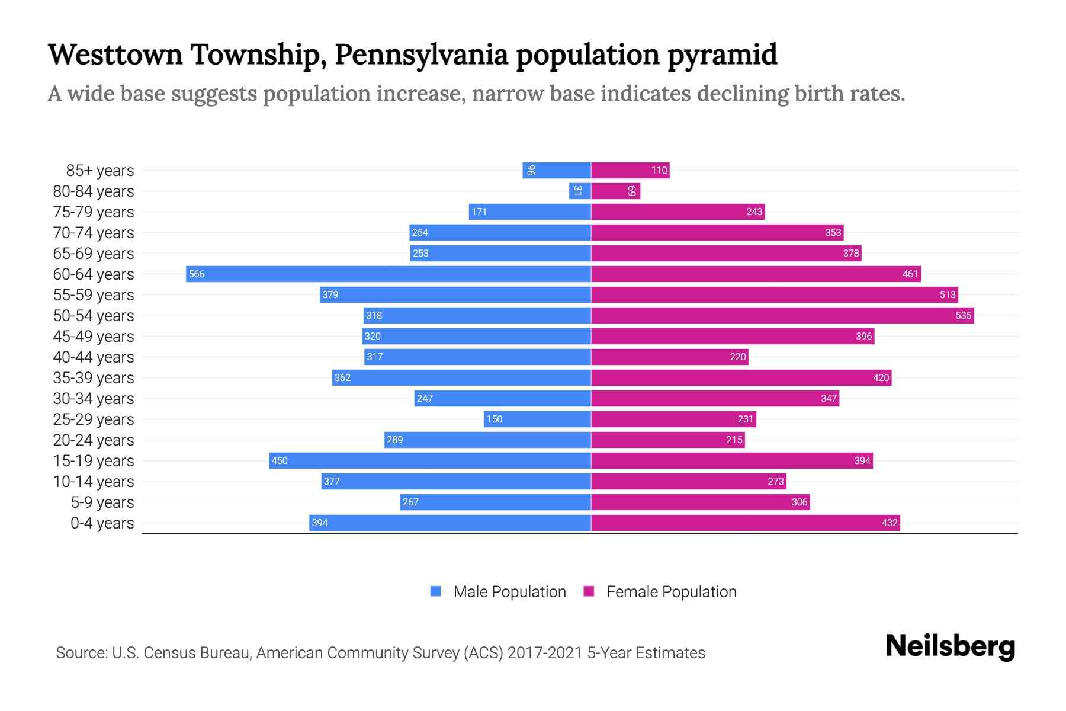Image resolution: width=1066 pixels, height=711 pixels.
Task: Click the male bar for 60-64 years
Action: tap(388, 274)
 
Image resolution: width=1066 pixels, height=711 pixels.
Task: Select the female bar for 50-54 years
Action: tap(782, 315)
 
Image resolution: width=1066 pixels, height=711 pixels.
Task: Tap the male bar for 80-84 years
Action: tap(580, 191)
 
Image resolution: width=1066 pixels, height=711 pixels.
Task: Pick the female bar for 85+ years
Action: tap(630, 170)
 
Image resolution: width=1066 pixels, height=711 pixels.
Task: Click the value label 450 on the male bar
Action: tap(280, 460)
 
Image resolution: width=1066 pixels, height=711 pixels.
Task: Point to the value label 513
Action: tap(948, 294)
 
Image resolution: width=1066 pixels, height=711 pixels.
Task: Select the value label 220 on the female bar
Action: tap(738, 357)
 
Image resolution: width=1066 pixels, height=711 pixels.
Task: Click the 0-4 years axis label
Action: tap(102, 523)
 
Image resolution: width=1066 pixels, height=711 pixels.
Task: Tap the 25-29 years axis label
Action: tap(94, 419)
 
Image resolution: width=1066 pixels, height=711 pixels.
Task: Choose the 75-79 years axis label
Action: tap(94, 212)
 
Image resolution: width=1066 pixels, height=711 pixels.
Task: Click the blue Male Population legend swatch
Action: tap(436, 591)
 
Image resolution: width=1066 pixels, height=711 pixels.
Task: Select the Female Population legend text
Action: tap(671, 592)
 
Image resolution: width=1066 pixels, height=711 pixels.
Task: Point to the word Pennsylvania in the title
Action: tap(421, 55)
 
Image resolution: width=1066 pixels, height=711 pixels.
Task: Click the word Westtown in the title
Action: tap(115, 55)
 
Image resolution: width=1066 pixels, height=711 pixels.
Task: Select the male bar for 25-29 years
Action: tap(537, 419)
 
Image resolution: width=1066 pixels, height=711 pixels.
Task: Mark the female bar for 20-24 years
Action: tap(667, 440)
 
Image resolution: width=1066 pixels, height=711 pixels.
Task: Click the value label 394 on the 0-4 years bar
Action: tap(320, 523)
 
